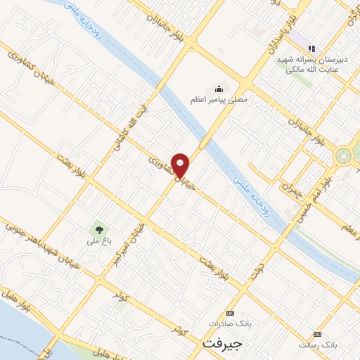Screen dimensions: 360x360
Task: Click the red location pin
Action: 181,165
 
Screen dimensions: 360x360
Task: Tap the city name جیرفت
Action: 222,345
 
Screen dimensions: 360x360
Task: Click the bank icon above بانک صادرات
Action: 230,313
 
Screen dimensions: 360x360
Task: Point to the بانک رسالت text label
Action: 318,345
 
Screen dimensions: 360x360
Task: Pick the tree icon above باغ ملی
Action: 99,229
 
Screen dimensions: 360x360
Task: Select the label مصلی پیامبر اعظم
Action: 219,101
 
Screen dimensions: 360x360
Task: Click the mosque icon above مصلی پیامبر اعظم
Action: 219,89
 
